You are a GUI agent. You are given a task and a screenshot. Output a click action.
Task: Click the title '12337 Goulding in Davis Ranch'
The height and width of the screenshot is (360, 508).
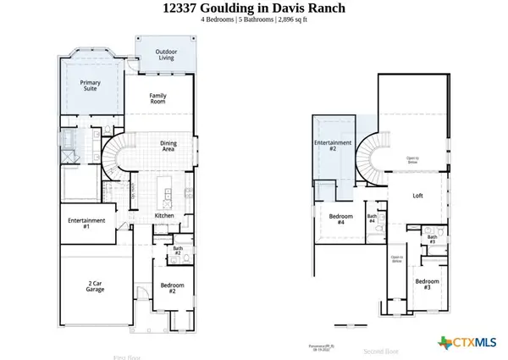pos(254,9)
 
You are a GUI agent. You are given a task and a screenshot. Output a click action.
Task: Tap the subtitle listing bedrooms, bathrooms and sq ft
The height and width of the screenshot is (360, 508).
pos(254,24)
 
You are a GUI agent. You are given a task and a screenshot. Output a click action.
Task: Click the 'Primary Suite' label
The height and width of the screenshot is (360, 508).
pos(91,86)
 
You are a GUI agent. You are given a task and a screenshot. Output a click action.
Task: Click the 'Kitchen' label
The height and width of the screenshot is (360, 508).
pos(164,216)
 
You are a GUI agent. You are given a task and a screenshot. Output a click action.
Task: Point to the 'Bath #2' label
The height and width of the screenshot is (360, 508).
pos(178,251)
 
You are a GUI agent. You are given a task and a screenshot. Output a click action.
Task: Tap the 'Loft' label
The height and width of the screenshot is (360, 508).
pos(417,196)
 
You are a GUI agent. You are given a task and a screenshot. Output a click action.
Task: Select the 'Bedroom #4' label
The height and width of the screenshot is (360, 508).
pos(340,219)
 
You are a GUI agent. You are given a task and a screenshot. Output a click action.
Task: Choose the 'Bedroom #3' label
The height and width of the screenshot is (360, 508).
pos(427,284)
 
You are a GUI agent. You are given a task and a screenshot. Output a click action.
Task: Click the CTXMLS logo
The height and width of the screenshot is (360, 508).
pos(467,342)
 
